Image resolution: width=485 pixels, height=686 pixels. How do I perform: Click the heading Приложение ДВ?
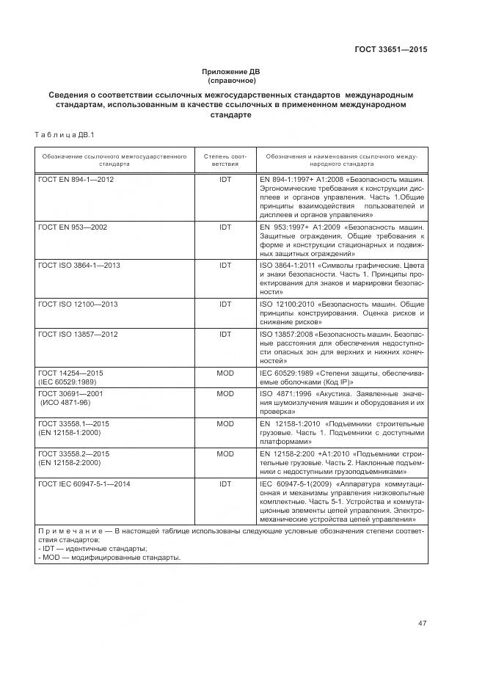[231, 71]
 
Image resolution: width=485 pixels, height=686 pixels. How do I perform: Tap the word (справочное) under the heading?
[231, 80]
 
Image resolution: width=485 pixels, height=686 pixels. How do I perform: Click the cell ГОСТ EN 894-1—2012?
[76, 178]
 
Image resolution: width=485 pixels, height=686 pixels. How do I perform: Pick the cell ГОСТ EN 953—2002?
[72, 227]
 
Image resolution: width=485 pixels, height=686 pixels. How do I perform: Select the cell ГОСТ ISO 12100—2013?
[77, 304]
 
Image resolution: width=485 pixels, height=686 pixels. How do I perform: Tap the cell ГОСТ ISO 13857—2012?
[77, 334]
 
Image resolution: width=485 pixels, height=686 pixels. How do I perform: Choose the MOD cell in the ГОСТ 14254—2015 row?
[225, 373]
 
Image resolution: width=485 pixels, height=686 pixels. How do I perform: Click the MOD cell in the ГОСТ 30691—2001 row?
[225, 394]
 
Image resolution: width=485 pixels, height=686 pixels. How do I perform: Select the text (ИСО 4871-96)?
[65, 403]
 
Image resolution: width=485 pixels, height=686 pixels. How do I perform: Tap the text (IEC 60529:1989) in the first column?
[68, 382]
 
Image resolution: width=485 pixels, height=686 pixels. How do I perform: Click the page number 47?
[422, 624]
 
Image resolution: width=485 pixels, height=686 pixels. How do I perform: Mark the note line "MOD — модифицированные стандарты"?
[109, 558]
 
